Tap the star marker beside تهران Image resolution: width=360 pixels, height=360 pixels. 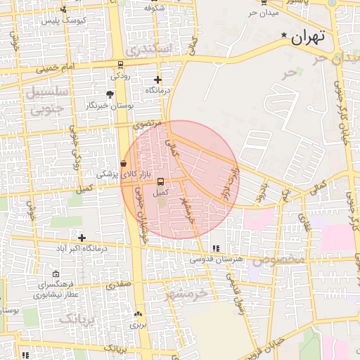(x=284, y=35)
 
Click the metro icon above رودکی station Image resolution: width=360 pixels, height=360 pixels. (x=120, y=64)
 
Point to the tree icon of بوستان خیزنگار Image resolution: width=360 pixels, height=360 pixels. (x=110, y=94)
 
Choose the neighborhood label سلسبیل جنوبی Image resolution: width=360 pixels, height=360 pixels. (x=47, y=100)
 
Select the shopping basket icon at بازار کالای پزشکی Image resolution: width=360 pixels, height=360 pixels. (x=123, y=163)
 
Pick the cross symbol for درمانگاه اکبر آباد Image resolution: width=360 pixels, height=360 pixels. (x=82, y=238)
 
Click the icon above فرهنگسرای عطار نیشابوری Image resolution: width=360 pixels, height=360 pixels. (x=56, y=274)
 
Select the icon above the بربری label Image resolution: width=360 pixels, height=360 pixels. (x=138, y=314)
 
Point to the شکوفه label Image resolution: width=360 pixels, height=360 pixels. (x=154, y=8)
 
